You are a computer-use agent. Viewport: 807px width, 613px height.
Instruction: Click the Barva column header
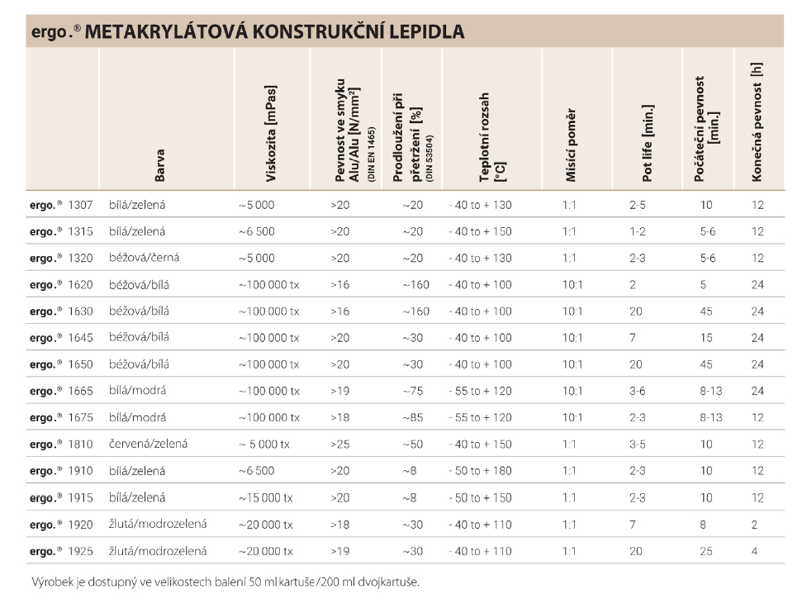pyautogui.click(x=159, y=165)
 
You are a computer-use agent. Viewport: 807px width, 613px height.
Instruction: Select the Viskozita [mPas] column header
pyautogui.click(x=271, y=133)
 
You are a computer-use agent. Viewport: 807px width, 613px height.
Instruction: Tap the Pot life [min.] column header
pyautogui.click(x=648, y=143)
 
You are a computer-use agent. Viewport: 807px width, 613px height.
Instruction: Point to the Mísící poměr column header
pyautogui.click(x=571, y=145)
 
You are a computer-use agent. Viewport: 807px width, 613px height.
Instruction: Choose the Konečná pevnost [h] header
pyautogui.click(x=756, y=122)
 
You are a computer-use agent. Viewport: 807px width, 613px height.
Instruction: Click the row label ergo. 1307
pyautogui.click(x=61, y=205)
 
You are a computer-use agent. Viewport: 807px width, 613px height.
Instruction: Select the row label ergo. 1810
pyautogui.click(x=61, y=444)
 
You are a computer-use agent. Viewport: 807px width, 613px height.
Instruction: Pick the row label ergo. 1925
pyautogui.click(x=61, y=551)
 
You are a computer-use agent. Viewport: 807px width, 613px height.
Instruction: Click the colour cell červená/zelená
pyautogui.click(x=148, y=444)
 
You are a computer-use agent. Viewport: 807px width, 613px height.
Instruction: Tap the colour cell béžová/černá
pyautogui.click(x=144, y=258)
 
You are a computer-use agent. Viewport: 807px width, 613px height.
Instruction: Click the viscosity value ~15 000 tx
pyautogui.click(x=266, y=497)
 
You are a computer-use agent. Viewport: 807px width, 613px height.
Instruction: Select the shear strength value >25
pyautogui.click(x=339, y=444)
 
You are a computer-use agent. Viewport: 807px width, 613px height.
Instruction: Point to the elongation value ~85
pyautogui.click(x=413, y=417)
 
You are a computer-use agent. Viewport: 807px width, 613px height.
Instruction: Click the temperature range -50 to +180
pyautogui.click(x=480, y=471)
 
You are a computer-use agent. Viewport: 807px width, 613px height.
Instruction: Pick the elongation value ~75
pyautogui.click(x=413, y=391)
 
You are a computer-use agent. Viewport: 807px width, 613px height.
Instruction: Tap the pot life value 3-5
pyautogui.click(x=637, y=444)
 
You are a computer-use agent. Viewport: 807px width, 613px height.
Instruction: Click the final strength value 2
pyautogui.click(x=754, y=525)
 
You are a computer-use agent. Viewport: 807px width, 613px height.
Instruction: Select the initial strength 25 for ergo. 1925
pyautogui.click(x=706, y=551)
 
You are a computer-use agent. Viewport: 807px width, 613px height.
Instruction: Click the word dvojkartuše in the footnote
pyautogui.click(x=388, y=582)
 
